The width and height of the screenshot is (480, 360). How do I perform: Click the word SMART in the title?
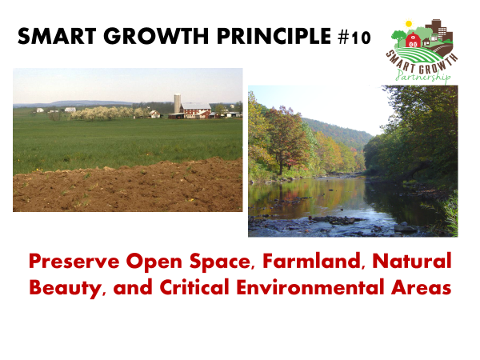tap(57, 36)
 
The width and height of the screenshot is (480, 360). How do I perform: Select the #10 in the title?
tap(354, 38)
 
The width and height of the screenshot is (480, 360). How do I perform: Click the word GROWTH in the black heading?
tap(156, 36)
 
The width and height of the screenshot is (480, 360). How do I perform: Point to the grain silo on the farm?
tap(178, 103)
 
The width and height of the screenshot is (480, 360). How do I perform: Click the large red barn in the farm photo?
tap(196, 110)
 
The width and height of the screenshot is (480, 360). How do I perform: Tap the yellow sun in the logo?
tap(409, 23)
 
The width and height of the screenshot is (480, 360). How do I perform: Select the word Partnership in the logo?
tap(422, 76)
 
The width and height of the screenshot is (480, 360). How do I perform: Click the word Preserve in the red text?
tap(74, 262)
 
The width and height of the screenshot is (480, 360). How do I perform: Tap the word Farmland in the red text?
tap(313, 262)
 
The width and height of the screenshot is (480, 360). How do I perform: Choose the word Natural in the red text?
tap(412, 262)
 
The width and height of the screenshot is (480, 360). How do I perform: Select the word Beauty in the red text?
tap(66, 288)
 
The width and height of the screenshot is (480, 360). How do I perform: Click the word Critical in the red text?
tap(194, 287)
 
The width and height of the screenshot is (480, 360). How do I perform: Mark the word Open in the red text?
tap(154, 262)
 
